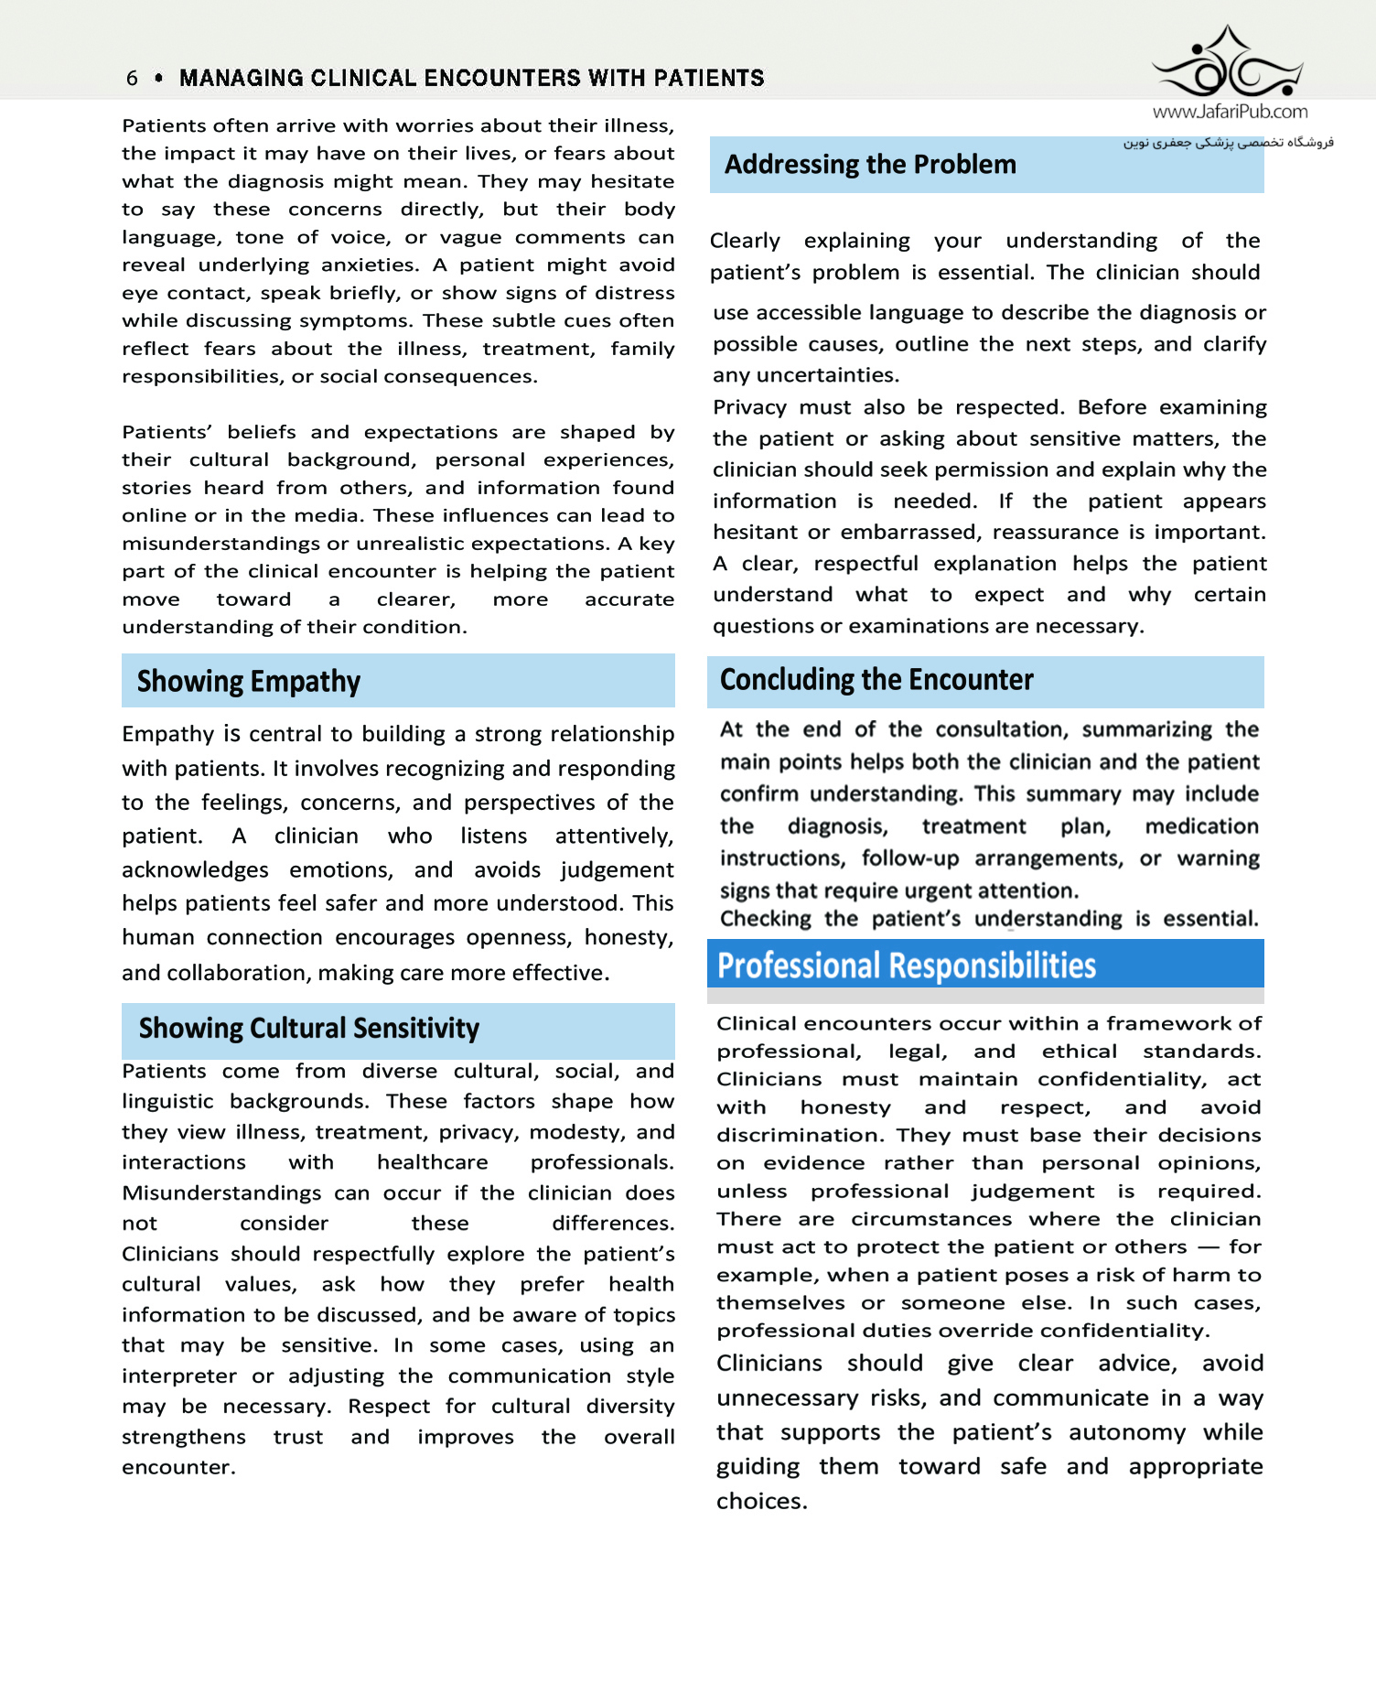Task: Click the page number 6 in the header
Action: (x=133, y=79)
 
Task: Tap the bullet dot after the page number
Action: (x=159, y=79)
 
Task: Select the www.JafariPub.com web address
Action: (x=1230, y=112)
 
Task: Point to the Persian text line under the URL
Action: (x=1228, y=143)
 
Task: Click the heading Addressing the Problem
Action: (x=870, y=165)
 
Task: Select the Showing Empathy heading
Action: (x=249, y=682)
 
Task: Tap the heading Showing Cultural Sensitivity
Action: (x=309, y=1029)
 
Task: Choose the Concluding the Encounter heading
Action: (x=876, y=680)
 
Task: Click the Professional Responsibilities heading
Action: (x=906, y=966)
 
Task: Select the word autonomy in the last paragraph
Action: (x=1127, y=1433)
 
